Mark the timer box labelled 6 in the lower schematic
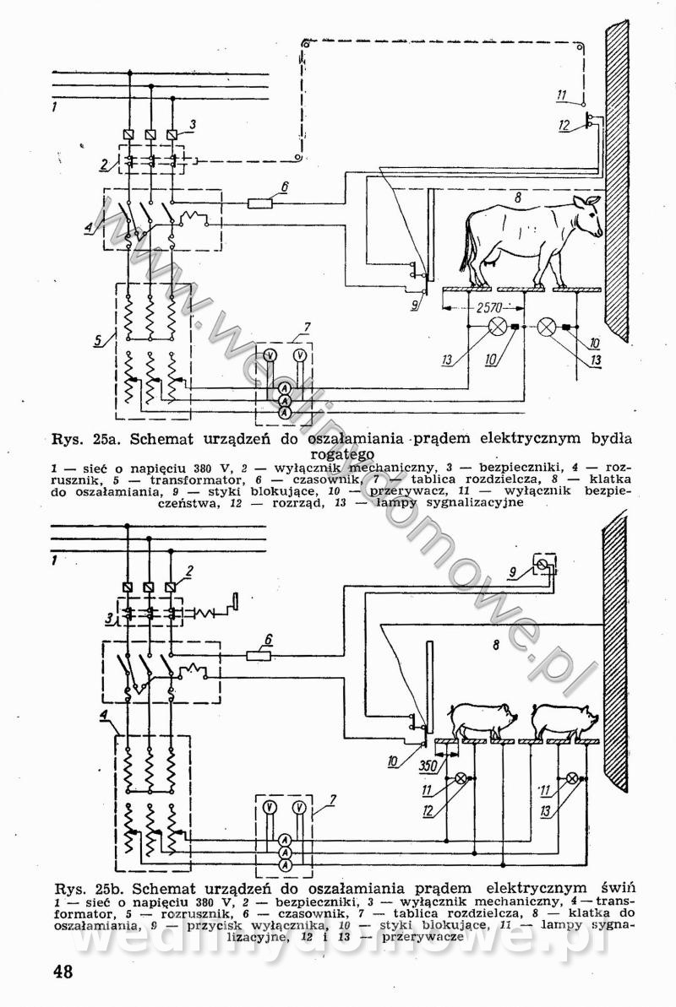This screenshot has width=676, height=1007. point(259,655)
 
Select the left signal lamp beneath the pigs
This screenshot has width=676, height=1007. point(461,778)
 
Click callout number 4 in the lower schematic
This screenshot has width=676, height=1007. point(103,717)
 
